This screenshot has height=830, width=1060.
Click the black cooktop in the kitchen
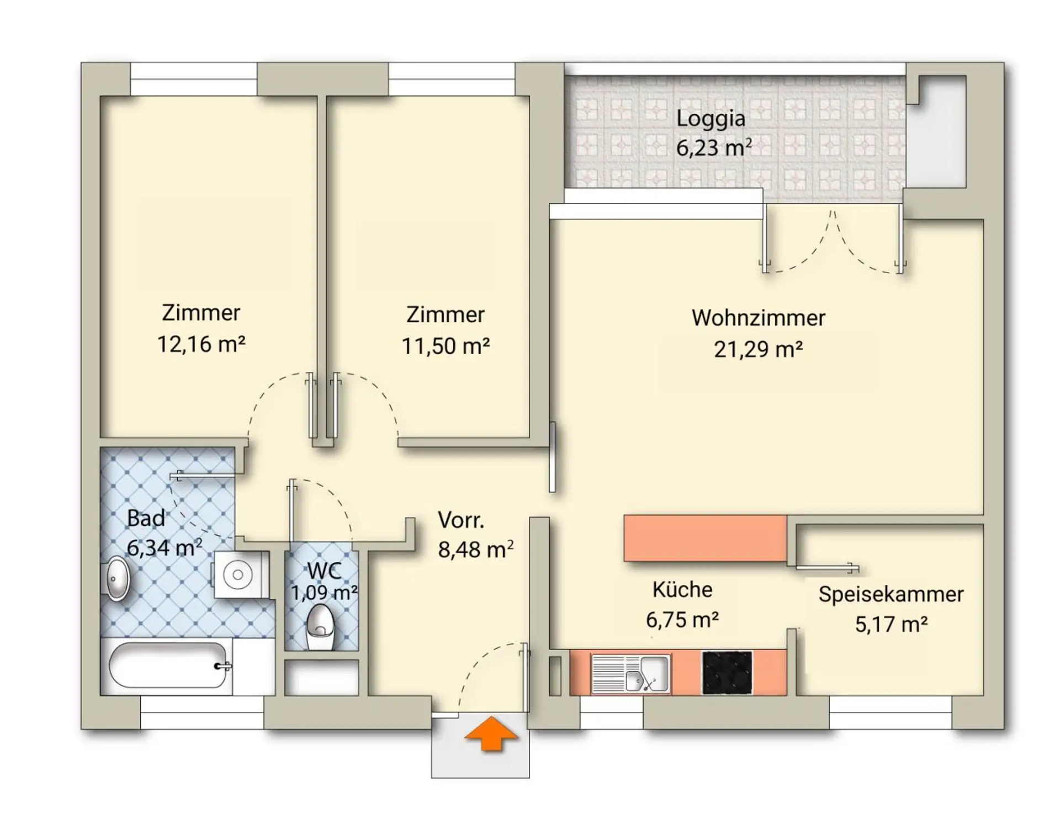(727, 673)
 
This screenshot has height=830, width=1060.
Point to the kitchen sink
(630, 673)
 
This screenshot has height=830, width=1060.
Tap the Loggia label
(711, 119)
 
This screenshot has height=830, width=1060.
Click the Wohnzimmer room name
(758, 318)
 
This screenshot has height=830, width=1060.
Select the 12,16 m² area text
(201, 344)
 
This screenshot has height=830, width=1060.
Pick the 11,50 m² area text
(446, 346)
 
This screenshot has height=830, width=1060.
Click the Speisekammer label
(891, 594)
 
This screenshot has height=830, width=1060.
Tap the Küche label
(682, 589)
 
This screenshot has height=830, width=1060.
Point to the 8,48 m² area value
(476, 550)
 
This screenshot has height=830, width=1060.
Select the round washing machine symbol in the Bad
(239, 574)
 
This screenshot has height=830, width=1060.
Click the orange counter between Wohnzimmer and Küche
(705, 539)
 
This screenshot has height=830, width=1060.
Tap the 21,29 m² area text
(758, 349)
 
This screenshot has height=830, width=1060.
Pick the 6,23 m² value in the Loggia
(714, 147)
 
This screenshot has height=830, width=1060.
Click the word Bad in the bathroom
(146, 518)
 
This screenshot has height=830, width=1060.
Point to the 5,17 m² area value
(891, 624)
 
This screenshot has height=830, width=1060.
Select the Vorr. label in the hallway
(461, 520)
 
